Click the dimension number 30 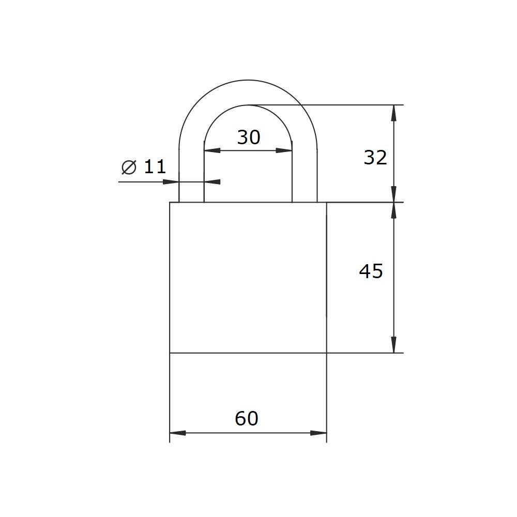pos(249,138)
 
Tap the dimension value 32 pos(375,158)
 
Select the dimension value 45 pos(371,271)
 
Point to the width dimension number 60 pos(246,418)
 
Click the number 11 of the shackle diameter pos(155,166)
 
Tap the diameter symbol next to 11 pos(129,167)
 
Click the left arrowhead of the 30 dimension pos(212,150)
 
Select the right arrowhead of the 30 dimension pos(284,150)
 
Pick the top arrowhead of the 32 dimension pos(393,113)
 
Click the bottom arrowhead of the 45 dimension pos(393,345)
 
